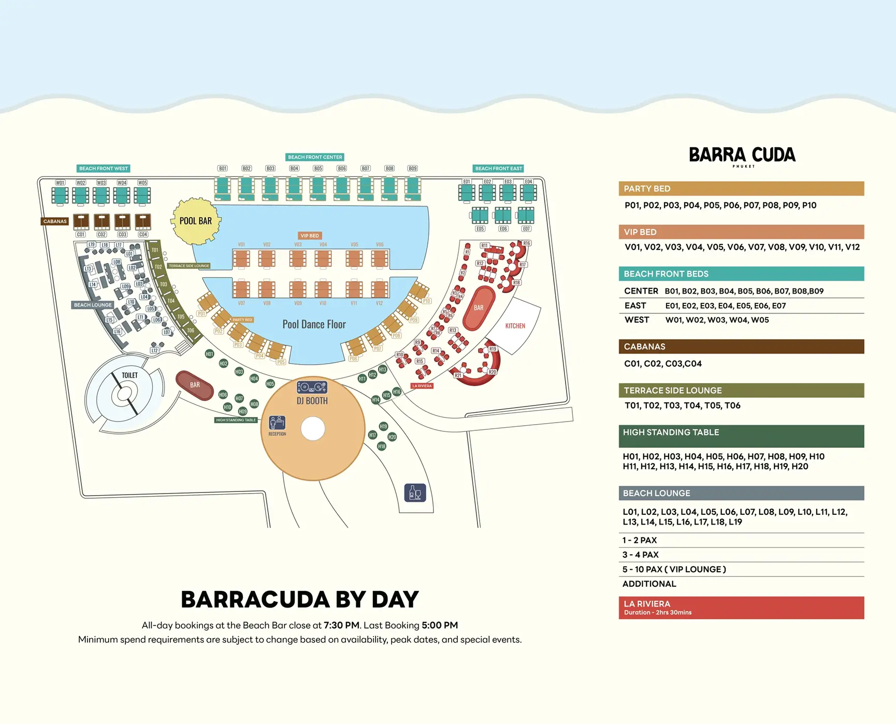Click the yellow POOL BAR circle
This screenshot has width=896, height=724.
[x=196, y=221]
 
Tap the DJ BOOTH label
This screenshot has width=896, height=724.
[x=312, y=401]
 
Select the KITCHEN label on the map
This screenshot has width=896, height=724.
[x=515, y=326]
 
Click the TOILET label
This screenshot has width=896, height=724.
[x=129, y=375]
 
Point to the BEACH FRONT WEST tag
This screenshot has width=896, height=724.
[x=103, y=168]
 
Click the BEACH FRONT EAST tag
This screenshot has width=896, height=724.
[x=499, y=168]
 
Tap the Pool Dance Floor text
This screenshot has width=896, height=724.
[x=314, y=324]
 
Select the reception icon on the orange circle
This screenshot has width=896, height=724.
[x=277, y=424]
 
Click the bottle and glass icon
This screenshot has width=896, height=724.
[x=415, y=493]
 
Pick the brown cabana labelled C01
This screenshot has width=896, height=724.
[x=81, y=222]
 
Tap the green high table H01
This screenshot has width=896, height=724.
[x=209, y=354]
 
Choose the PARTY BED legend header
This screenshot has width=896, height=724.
[x=741, y=189]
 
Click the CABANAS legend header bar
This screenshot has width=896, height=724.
[x=741, y=346]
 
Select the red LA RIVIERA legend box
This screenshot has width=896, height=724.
[x=741, y=607]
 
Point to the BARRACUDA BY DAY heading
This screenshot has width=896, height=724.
[x=299, y=600]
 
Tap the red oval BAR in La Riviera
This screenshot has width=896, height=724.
[x=478, y=308]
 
